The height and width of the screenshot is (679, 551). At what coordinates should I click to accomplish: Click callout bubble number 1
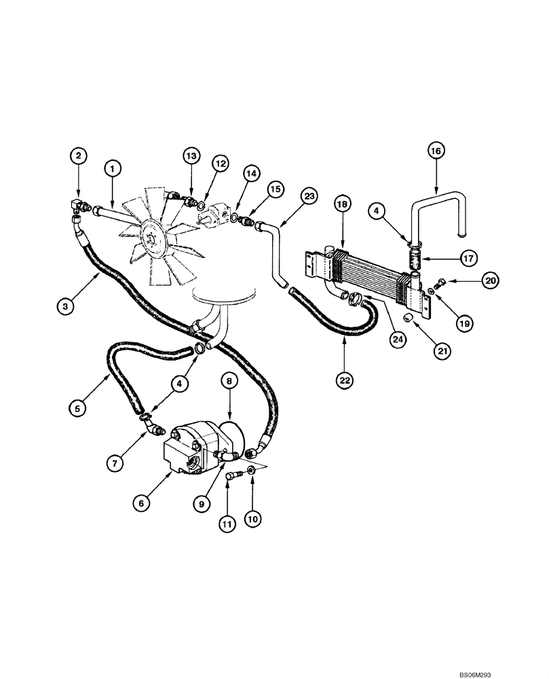point(113,167)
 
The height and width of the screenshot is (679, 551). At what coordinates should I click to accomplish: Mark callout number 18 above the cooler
point(343,204)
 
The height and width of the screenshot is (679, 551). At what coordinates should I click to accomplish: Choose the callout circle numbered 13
point(193,157)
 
